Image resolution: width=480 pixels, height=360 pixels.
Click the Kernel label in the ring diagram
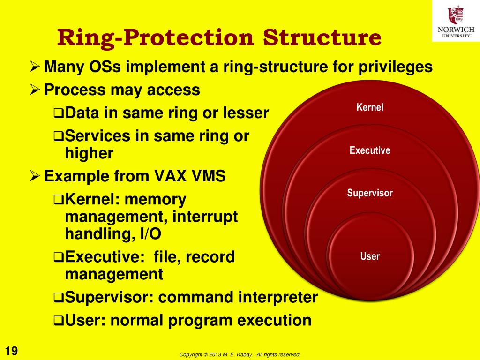pyautogui.click(x=370, y=107)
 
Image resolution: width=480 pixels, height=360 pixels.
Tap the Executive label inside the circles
pyautogui.click(x=370, y=150)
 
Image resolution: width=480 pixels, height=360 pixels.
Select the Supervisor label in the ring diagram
pyautogui.click(x=370, y=193)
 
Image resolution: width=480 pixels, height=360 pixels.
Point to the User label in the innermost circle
pyautogui.click(x=370, y=256)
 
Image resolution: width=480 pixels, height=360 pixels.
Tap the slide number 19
pyautogui.click(x=11, y=351)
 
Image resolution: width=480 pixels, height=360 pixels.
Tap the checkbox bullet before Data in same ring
pyautogui.click(x=58, y=113)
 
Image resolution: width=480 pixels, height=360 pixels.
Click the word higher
pyautogui.click(x=89, y=153)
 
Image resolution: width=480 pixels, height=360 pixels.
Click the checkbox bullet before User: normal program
pyautogui.click(x=58, y=321)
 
